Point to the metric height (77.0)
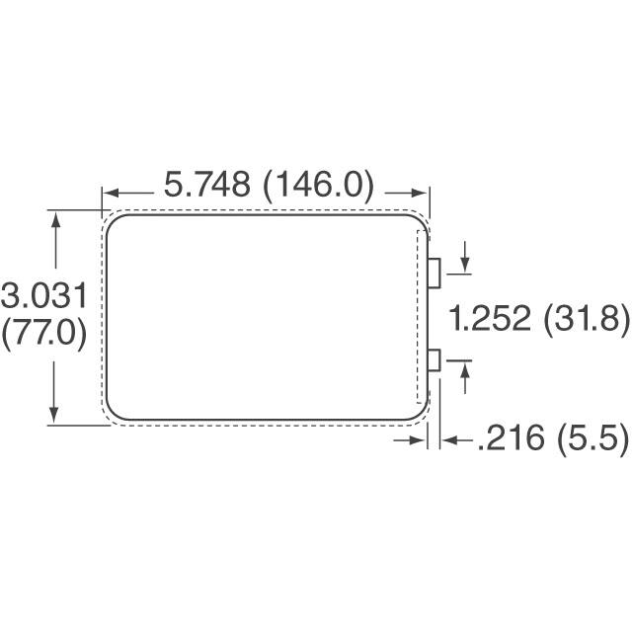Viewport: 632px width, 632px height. [44, 333]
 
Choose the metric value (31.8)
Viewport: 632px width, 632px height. [585, 319]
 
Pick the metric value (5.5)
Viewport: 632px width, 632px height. [588, 437]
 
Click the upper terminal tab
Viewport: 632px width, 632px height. [434, 274]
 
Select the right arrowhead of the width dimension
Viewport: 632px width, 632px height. [420, 193]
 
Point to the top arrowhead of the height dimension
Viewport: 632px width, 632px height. [55, 219]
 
